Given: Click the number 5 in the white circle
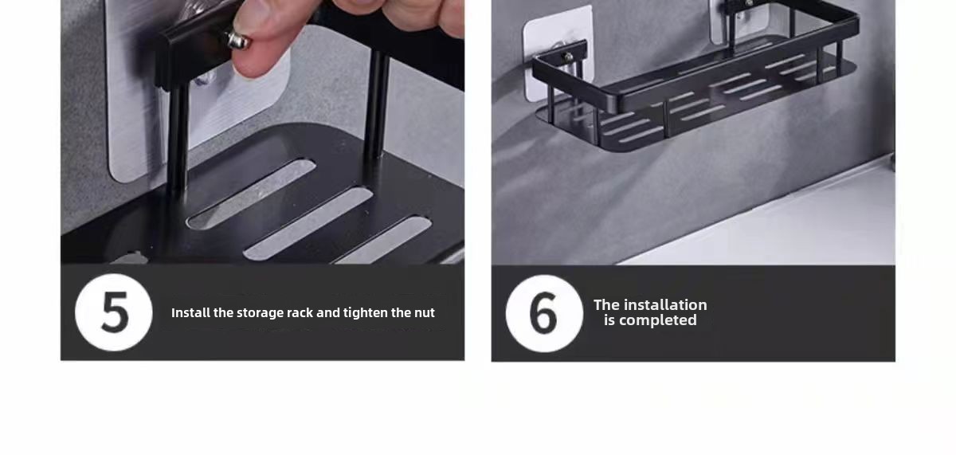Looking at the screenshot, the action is [115, 312].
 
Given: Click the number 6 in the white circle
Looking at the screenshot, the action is [543, 313].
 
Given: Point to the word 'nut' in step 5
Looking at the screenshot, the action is [425, 313].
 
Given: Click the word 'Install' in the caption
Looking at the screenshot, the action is [190, 313].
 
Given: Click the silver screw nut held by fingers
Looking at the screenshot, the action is [238, 40].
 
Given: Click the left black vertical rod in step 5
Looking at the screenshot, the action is [177, 141].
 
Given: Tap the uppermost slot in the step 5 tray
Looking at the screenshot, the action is [252, 194].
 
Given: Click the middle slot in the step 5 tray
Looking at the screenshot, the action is [308, 224].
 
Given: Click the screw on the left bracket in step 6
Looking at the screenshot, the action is [569, 56].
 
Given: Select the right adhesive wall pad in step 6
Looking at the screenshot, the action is [739, 19].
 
